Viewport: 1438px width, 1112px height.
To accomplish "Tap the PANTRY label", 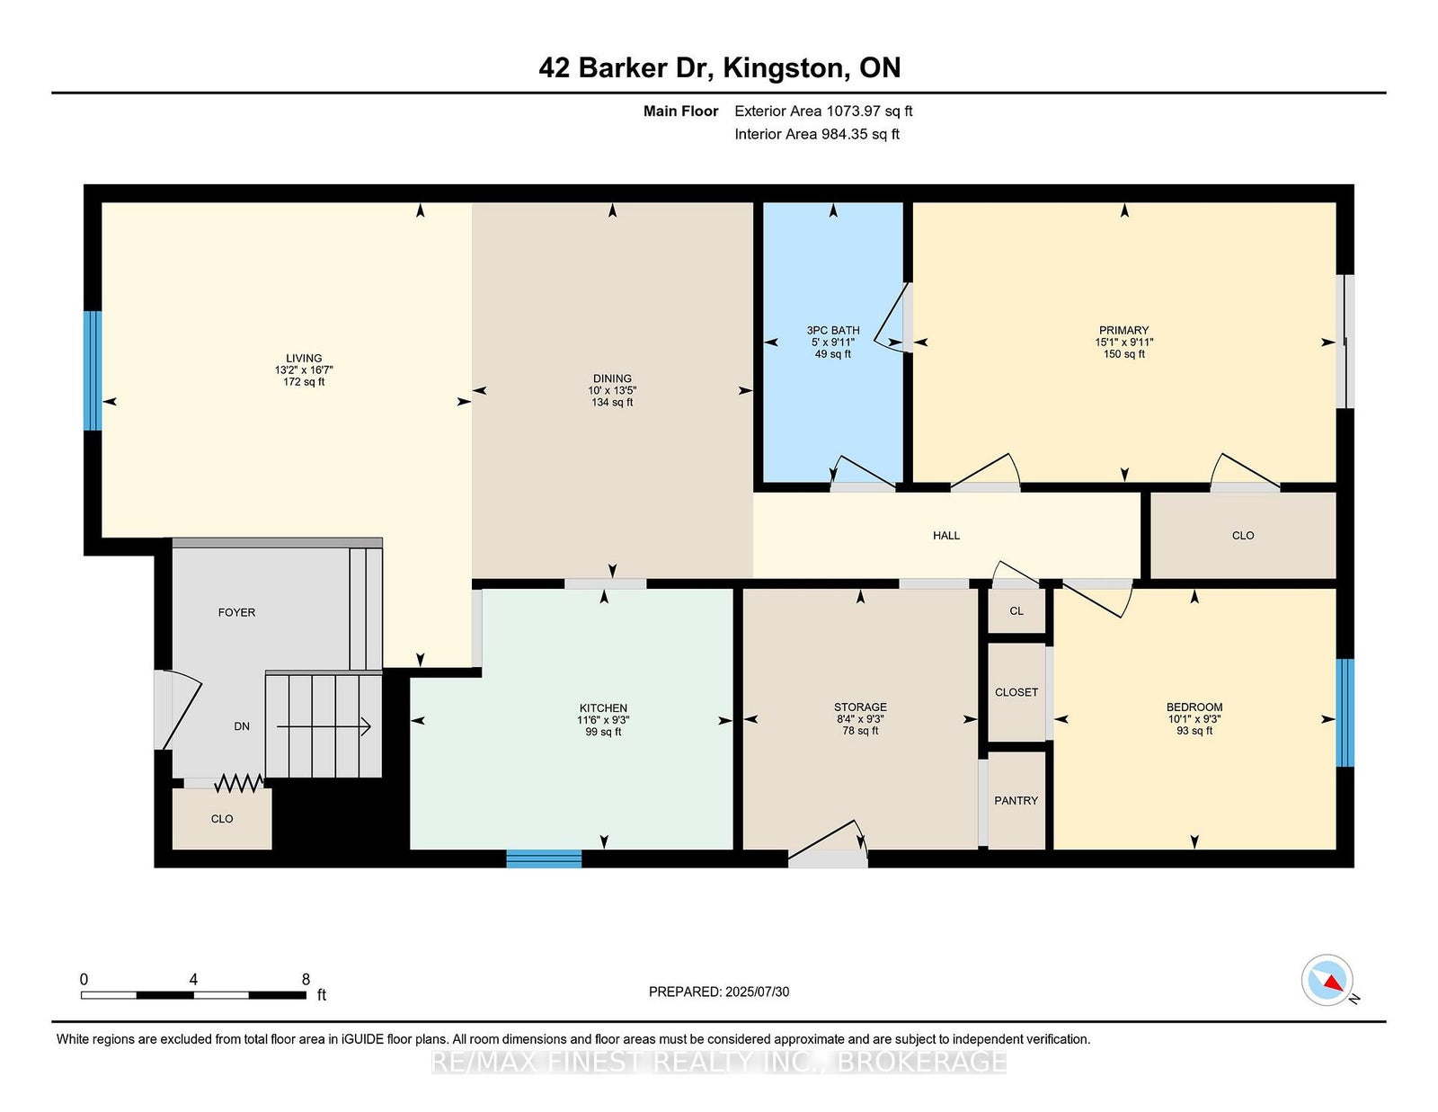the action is tap(1016, 801).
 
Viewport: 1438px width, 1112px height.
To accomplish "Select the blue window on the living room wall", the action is tap(93, 370).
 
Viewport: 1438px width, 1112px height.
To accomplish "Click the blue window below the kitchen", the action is tap(544, 858).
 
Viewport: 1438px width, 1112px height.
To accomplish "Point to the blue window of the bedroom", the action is tap(1345, 713).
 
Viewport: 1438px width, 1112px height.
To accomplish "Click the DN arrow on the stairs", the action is tap(324, 726).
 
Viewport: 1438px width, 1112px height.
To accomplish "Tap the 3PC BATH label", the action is tap(833, 330).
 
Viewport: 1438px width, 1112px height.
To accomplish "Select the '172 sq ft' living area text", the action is tap(304, 382).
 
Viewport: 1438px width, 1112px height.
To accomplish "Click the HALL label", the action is tap(946, 536).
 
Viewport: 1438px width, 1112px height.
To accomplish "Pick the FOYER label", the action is tap(237, 613).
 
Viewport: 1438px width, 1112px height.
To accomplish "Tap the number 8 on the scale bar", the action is tap(306, 979).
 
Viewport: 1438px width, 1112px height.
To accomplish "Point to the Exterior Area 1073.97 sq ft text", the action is tap(823, 111).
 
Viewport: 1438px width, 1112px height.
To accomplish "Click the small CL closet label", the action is tap(1016, 611).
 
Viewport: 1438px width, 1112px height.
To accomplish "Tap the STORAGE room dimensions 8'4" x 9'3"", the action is tap(860, 719).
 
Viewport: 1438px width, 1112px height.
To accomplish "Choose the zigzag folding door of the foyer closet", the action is tap(240, 784).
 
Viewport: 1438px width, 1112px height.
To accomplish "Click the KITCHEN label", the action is tap(604, 708).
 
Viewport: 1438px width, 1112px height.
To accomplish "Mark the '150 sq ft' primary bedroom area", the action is tap(1124, 354).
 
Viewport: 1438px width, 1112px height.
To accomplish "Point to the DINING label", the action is tap(612, 379).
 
